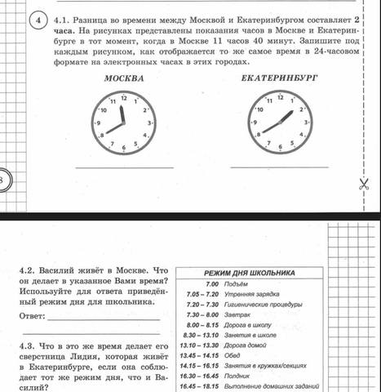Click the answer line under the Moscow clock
(x=123, y=167)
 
